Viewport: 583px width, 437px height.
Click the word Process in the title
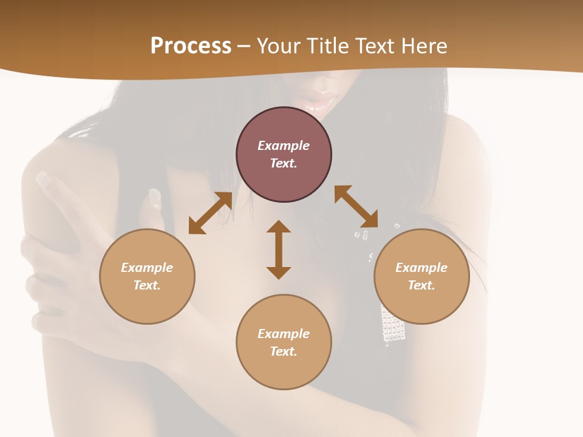(x=191, y=46)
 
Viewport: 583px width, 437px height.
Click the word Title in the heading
(x=327, y=46)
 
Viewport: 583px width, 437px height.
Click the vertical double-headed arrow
(x=279, y=249)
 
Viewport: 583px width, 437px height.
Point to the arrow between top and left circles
(x=210, y=213)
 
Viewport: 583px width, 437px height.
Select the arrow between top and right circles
(x=356, y=206)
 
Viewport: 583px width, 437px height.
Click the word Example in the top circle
(x=284, y=146)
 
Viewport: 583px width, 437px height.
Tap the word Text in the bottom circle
(x=284, y=351)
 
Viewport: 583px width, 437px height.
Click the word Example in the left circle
(x=147, y=268)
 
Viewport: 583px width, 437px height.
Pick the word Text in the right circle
(x=421, y=285)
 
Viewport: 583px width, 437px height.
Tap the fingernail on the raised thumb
(x=153, y=198)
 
